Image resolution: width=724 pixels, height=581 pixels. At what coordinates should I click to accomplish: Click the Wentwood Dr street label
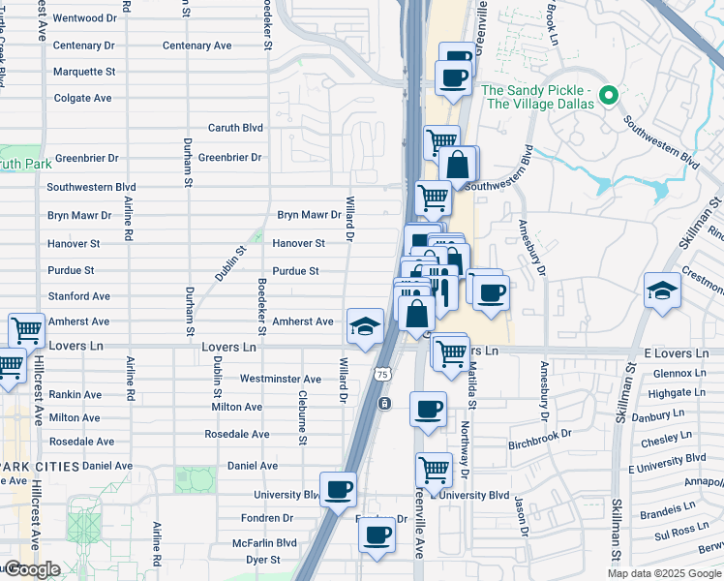[84, 18]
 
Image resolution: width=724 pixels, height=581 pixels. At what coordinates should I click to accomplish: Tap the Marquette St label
[84, 72]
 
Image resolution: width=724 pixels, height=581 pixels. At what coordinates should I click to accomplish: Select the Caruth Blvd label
[235, 128]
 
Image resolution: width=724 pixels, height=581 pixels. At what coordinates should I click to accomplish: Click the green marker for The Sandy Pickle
[609, 96]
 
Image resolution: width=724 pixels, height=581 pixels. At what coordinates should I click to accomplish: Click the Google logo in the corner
[32, 569]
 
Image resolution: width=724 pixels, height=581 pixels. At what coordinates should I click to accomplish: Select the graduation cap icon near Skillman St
[662, 290]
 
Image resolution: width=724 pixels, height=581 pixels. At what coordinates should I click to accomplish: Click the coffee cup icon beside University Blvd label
[338, 489]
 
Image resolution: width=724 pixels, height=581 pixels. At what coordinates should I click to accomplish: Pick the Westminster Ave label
[280, 380]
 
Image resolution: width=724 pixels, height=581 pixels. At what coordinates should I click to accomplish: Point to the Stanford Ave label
[79, 296]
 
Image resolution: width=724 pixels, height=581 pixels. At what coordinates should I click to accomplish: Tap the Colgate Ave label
[83, 98]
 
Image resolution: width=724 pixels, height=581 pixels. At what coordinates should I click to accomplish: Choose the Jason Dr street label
[520, 518]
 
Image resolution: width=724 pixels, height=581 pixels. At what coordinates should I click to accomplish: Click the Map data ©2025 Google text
[663, 573]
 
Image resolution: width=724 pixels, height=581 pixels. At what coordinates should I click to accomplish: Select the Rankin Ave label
[76, 395]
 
